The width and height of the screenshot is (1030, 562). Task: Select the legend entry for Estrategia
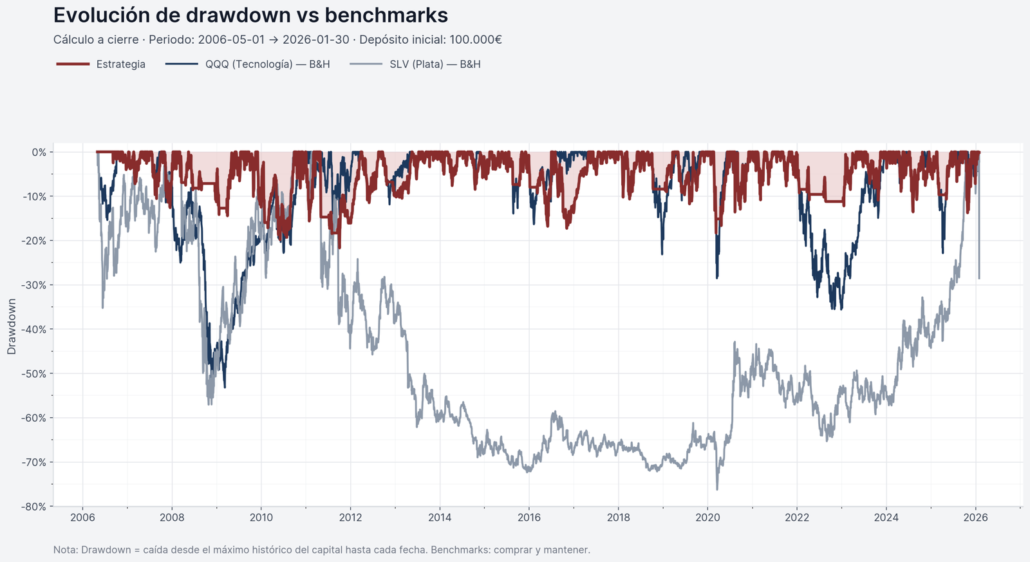(120, 64)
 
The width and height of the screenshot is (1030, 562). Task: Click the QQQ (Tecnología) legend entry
(267, 64)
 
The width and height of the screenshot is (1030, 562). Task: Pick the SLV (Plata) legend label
(435, 64)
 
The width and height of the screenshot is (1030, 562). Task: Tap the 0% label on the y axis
(39, 153)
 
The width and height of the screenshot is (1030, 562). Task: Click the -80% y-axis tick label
(34, 507)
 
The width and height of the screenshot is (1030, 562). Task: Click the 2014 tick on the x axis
(440, 518)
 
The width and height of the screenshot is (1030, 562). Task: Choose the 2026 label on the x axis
(975, 518)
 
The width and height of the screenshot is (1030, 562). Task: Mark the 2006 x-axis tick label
(82, 518)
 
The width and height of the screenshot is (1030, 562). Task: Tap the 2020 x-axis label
(707, 518)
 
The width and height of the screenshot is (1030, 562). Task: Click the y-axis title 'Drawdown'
(12, 326)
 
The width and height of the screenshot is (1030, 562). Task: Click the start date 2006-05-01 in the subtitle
(231, 40)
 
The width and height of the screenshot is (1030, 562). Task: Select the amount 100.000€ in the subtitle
(476, 40)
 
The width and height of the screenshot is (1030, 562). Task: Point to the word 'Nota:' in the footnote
(66, 550)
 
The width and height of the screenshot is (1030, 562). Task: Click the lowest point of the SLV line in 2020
(717, 489)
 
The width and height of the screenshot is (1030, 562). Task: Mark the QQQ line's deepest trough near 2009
(225, 387)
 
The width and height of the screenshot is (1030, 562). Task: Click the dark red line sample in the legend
(73, 64)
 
